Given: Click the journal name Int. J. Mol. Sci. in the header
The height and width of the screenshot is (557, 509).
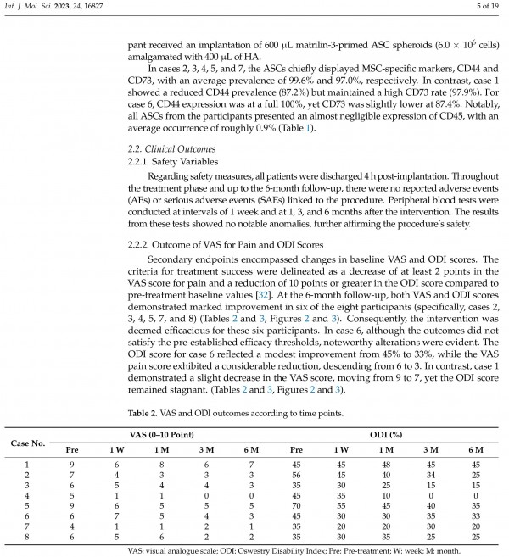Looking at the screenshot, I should pyautogui.click(x=34, y=7).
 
